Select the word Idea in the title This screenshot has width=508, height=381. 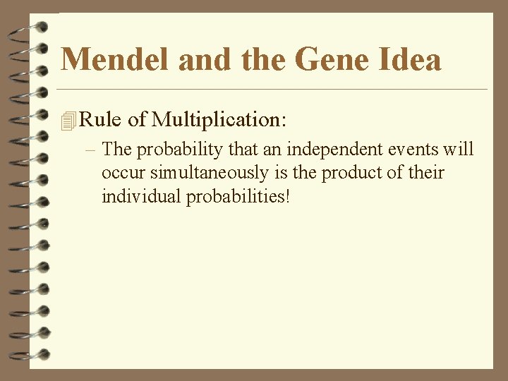click(411, 59)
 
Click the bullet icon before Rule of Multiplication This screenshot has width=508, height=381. click(68, 121)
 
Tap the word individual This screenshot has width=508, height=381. click(141, 195)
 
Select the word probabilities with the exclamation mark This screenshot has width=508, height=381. click(238, 195)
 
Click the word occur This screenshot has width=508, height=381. click(121, 173)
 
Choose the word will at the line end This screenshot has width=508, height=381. click(459, 150)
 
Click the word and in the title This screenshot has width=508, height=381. click(205, 59)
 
